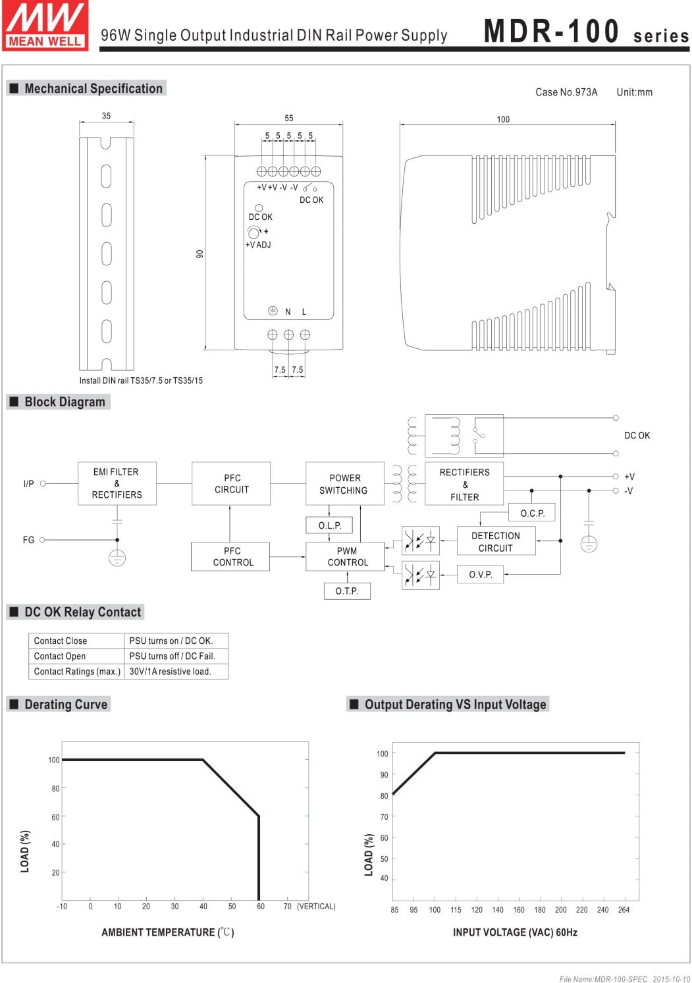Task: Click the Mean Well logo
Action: [45, 25]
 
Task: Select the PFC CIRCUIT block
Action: [231, 484]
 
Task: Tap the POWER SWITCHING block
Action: [344, 484]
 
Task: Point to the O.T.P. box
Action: [347, 591]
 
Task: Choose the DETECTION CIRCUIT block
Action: [496, 542]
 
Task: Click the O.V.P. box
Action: [481, 575]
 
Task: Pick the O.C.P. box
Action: [532, 514]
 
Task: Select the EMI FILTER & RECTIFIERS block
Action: [117, 484]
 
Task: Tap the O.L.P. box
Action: [329, 525]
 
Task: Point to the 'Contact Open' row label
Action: [60, 656]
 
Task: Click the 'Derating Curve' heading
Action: [65, 704]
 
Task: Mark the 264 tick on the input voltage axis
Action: [624, 910]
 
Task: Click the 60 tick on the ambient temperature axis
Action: [261, 907]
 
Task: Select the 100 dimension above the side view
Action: [503, 119]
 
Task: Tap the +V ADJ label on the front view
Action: [258, 245]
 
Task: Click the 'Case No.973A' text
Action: [566, 92]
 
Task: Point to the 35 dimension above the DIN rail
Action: [106, 116]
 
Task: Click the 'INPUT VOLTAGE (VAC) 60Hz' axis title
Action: [515, 932]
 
